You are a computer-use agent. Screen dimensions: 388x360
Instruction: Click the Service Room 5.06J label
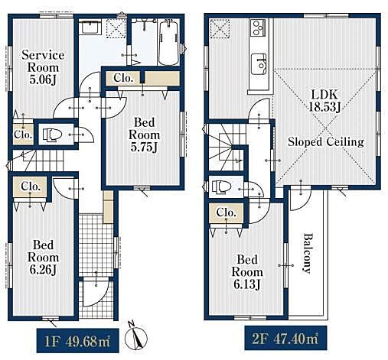click(43, 67)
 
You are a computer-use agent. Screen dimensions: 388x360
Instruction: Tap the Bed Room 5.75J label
click(144, 135)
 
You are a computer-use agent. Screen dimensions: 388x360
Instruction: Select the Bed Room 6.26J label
click(43, 258)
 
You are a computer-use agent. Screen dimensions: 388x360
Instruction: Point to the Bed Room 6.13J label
click(247, 272)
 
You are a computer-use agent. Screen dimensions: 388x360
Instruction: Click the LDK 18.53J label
click(324, 101)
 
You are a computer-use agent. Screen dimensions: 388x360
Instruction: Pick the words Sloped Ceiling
click(326, 141)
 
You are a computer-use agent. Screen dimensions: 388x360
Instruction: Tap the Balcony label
click(308, 253)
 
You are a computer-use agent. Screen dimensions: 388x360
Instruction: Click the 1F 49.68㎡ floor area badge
click(77, 341)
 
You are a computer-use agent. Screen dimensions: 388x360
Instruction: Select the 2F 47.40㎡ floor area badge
click(285, 339)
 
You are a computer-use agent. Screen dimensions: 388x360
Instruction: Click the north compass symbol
click(136, 337)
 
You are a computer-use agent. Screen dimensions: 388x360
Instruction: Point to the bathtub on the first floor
click(168, 43)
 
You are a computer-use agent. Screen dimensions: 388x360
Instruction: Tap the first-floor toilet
click(52, 135)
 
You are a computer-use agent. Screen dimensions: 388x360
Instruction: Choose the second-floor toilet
click(221, 186)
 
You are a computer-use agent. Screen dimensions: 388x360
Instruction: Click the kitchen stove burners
click(258, 28)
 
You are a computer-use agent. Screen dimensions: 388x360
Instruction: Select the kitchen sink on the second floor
click(259, 64)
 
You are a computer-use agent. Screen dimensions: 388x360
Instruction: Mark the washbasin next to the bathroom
click(90, 28)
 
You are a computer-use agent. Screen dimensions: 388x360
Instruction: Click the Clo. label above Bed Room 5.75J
click(123, 78)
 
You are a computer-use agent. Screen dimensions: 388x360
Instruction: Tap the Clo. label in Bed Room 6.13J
click(226, 212)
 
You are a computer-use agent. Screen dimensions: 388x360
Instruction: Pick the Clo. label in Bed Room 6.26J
click(31, 186)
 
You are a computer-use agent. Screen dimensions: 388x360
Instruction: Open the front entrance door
click(96, 293)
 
